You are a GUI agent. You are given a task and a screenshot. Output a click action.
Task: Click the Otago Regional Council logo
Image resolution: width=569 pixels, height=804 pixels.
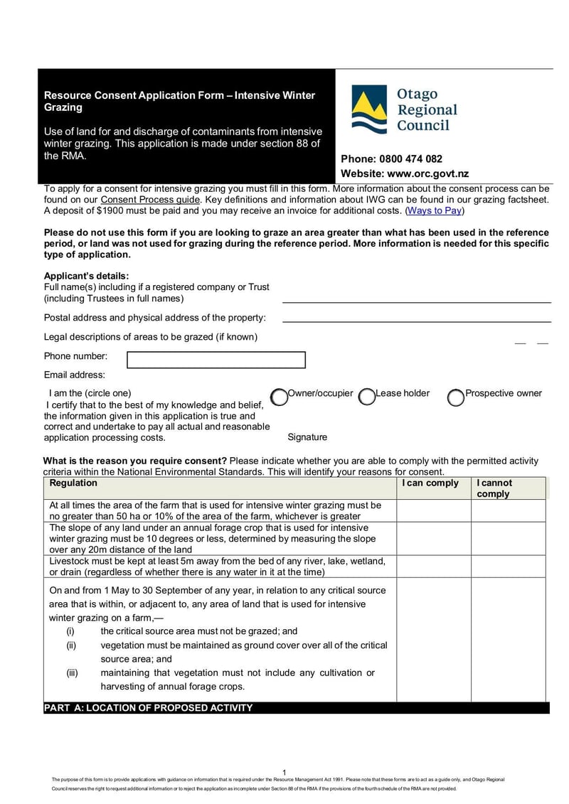click(404, 110)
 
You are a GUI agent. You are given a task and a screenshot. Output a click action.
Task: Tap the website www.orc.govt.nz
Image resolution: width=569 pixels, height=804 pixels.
click(427, 174)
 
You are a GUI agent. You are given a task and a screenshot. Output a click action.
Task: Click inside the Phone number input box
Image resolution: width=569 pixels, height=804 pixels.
click(216, 360)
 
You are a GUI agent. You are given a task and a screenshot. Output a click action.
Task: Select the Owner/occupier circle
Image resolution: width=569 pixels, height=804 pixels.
click(280, 397)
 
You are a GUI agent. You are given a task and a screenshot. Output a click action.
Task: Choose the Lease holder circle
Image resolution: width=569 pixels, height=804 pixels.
click(367, 397)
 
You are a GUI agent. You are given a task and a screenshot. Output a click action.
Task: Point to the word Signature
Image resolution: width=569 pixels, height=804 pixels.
click(307, 437)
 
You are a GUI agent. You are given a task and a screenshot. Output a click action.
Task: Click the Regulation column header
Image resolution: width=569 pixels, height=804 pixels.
click(73, 483)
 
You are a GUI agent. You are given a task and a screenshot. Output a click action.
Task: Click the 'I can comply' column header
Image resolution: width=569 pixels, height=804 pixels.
click(430, 483)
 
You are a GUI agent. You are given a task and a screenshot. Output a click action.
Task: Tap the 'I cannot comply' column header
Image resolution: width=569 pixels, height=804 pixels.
click(494, 488)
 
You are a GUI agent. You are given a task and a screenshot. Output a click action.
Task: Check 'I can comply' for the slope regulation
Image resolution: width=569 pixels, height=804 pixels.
click(433, 538)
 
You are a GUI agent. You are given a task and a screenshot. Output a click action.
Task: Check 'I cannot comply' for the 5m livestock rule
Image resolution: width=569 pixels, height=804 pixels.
click(508, 567)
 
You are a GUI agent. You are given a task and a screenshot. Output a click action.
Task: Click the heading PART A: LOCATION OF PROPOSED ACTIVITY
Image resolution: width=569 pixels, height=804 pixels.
click(148, 708)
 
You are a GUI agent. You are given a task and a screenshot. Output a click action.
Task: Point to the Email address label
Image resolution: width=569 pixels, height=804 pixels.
click(75, 375)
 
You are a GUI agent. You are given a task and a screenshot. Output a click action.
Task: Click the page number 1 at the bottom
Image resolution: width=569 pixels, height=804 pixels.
click(284, 773)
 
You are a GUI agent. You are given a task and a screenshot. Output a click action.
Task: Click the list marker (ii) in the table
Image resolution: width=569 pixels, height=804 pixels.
click(71, 645)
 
